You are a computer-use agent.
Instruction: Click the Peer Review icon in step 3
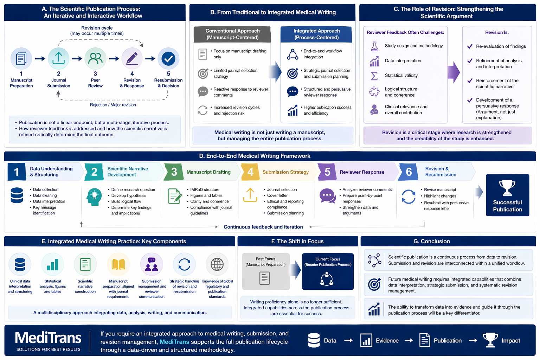95,58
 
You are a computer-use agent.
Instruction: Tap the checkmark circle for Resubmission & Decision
168,58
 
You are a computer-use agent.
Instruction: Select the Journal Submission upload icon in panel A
58,58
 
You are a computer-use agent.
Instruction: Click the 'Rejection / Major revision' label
113,105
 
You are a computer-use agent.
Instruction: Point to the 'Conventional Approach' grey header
232,34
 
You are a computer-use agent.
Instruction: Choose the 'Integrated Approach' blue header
316,34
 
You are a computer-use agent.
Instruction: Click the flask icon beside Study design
374,46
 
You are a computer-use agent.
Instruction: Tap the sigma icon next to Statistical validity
374,76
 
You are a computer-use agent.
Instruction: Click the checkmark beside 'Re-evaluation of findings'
470,46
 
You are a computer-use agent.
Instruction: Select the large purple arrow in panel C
454,72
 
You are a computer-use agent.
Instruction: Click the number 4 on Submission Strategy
250,172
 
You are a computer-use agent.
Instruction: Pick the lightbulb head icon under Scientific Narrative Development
94,197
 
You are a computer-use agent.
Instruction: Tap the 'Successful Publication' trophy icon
507,187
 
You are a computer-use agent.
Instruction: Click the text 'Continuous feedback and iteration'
263,227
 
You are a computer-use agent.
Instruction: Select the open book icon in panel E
118,264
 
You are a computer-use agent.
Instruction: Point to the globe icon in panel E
217,264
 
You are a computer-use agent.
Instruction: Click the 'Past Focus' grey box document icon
264,278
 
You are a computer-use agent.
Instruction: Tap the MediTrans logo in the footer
48,340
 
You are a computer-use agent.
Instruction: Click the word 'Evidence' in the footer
387,340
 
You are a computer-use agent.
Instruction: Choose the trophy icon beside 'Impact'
490,340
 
